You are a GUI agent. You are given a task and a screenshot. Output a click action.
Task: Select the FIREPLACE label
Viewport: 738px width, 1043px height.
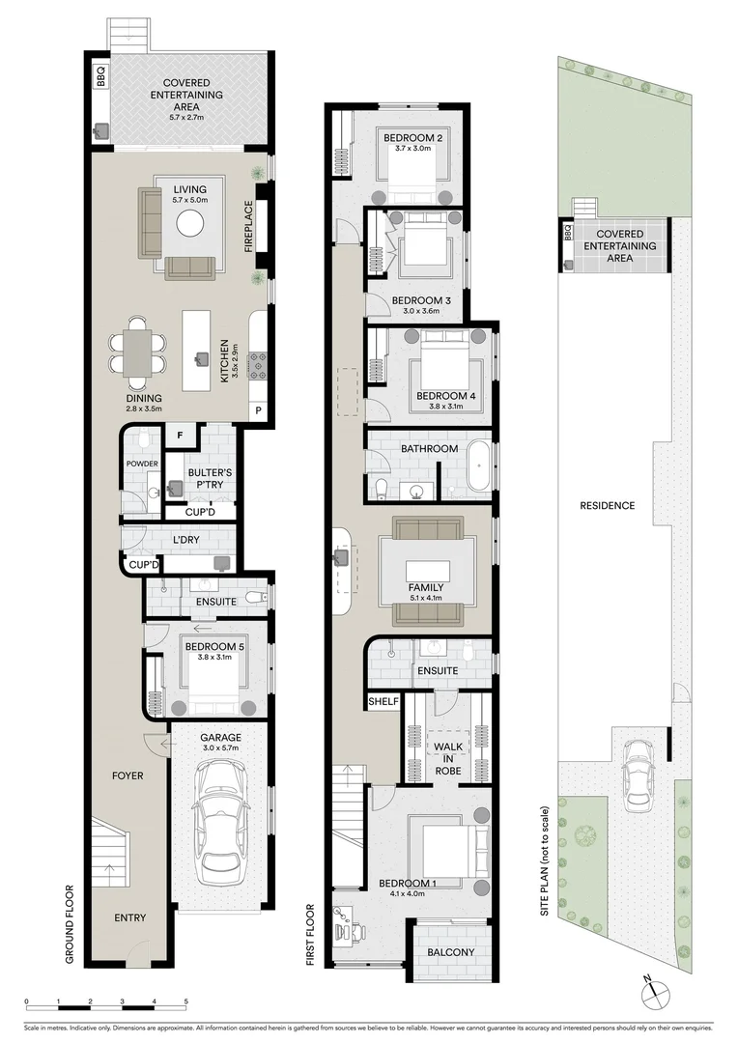[248, 227]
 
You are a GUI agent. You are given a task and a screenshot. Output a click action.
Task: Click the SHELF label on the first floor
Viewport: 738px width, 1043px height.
[383, 701]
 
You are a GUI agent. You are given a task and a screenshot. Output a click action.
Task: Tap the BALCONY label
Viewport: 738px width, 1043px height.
[451, 952]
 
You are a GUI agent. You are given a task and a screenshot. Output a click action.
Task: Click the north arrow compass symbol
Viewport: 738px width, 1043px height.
[653, 988]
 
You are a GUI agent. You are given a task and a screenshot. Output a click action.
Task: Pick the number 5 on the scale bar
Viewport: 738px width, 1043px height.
[185, 1001]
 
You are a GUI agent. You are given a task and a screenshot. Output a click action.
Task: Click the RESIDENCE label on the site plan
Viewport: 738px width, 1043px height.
[607, 505]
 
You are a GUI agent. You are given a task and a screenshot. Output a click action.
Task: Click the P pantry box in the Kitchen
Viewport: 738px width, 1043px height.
[258, 410]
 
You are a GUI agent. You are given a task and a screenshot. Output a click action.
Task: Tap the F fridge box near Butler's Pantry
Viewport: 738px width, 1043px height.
[179, 436]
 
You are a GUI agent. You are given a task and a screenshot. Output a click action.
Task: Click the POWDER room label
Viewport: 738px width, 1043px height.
[141, 465]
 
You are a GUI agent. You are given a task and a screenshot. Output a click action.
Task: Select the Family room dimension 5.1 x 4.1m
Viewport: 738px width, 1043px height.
[425, 597]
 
